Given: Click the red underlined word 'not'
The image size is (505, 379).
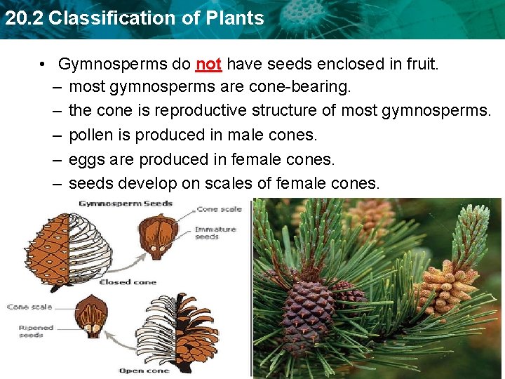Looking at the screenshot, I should (x=208, y=65).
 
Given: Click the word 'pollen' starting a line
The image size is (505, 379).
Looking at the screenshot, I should (x=90, y=135).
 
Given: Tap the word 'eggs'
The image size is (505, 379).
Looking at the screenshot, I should (x=85, y=159).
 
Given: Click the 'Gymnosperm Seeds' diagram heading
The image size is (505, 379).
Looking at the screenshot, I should (x=125, y=204).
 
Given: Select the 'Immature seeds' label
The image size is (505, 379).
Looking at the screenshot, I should (x=216, y=233).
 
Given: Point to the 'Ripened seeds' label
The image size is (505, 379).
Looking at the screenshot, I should (x=31, y=331).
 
